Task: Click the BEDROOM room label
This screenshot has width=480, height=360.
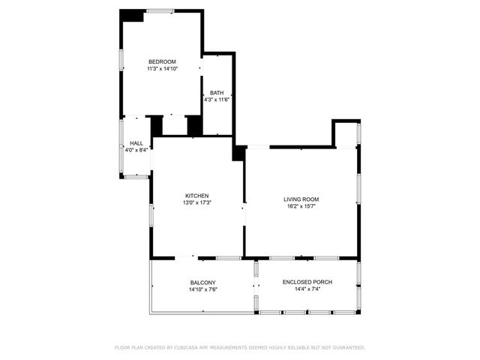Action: pyautogui.click(x=162, y=61)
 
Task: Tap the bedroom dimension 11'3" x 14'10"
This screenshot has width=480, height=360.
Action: pyautogui.click(x=162, y=69)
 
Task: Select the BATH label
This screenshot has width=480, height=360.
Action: pyautogui.click(x=217, y=93)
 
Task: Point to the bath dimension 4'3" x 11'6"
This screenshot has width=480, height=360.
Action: pyautogui.click(x=217, y=100)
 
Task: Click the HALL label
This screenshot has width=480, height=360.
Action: pyautogui.click(x=136, y=143)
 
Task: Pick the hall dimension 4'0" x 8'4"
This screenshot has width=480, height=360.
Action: pyautogui.click(x=136, y=150)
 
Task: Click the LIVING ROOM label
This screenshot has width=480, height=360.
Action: pyautogui.click(x=301, y=199)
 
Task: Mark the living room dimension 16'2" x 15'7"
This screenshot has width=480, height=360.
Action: pyautogui.click(x=301, y=206)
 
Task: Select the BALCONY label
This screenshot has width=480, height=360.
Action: pyautogui.click(x=202, y=283)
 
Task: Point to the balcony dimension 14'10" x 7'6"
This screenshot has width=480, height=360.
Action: pyautogui.click(x=202, y=289)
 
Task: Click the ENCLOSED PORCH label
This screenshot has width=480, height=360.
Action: pyautogui.click(x=307, y=282)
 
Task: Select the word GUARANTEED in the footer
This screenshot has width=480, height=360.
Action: pyautogui.click(x=347, y=348)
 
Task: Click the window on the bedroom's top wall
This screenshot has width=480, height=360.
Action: pyautogui.click(x=159, y=10)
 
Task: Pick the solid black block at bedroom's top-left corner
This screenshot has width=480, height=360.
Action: pyautogui.click(x=133, y=16)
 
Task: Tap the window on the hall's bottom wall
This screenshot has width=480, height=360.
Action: pyautogui.click(x=136, y=176)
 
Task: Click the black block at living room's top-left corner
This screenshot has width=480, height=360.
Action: pyautogui.click(x=238, y=152)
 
